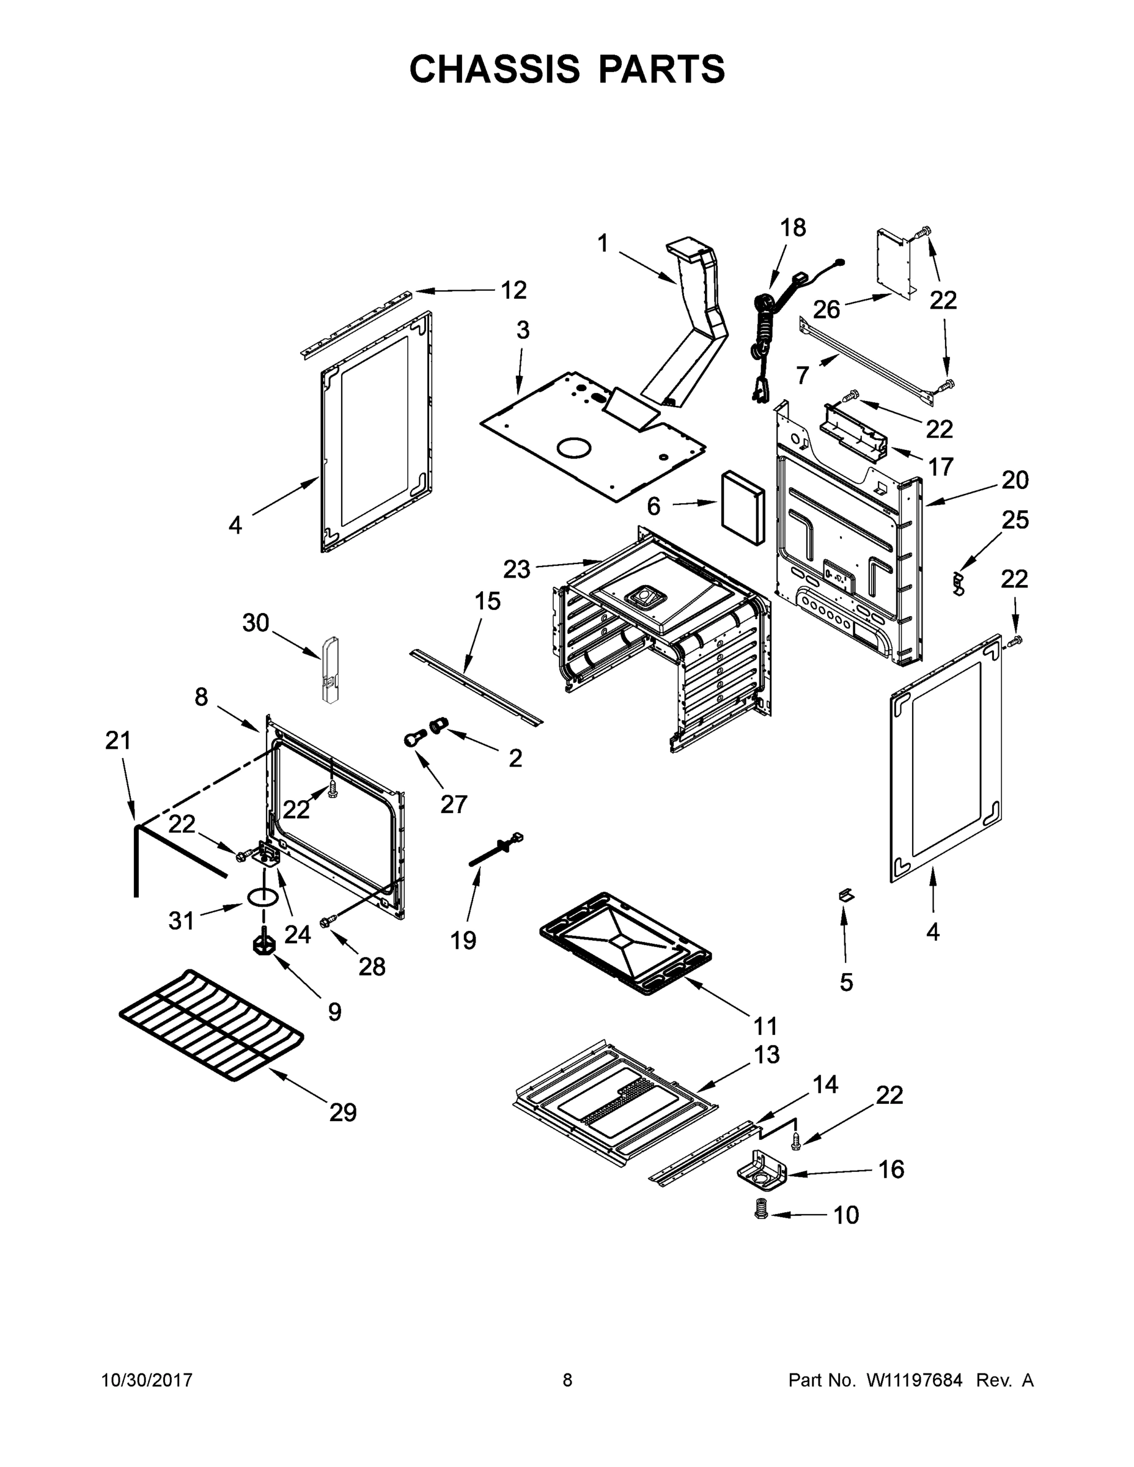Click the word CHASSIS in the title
click(495, 69)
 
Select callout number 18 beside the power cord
click(793, 229)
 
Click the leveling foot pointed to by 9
click(264, 944)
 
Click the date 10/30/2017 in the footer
click(147, 1380)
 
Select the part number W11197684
click(915, 1380)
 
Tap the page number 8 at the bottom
click(567, 1380)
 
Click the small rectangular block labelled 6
click(742, 508)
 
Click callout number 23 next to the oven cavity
click(517, 569)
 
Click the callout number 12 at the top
click(514, 290)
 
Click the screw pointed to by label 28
click(329, 921)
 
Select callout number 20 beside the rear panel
click(1014, 480)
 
